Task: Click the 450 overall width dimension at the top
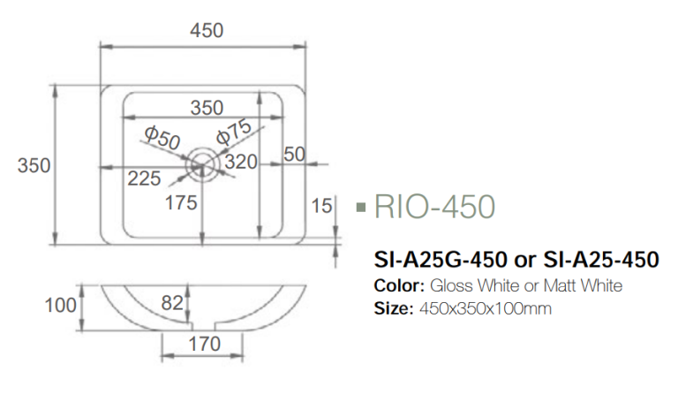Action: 207,30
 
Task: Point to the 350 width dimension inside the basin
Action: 207,108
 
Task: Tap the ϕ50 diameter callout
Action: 162,137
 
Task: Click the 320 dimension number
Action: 240,162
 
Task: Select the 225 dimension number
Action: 144,178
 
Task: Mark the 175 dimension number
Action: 181,203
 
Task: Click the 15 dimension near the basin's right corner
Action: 321,206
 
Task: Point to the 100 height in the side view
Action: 61,306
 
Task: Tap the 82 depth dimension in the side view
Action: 172,303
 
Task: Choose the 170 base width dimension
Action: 205,345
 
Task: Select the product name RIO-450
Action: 434,207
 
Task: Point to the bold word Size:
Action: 394,309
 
